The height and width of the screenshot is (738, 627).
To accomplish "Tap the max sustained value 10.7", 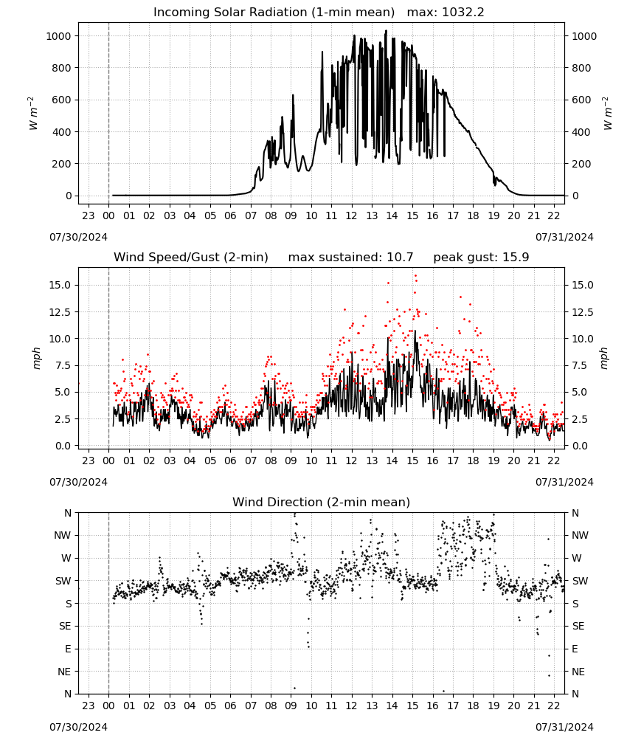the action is [x=400, y=258].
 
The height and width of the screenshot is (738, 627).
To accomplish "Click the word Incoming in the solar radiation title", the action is [x=181, y=13].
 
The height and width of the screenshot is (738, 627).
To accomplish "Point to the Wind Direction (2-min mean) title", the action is [x=322, y=502].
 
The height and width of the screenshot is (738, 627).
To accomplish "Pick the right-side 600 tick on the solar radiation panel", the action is [x=581, y=100].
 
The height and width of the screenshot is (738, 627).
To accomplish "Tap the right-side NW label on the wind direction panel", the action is [x=580, y=536].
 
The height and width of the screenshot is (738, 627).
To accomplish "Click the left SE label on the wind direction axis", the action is [x=65, y=627].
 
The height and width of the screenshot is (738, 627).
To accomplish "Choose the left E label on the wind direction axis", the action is [x=68, y=649].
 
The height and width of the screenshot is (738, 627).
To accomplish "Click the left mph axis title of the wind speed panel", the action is [x=36, y=358].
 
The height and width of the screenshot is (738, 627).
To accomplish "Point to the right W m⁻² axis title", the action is [x=606, y=114].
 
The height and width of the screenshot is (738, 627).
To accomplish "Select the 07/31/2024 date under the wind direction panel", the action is [x=564, y=727].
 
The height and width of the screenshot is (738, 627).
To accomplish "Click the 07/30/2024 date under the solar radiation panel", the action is [x=78, y=237].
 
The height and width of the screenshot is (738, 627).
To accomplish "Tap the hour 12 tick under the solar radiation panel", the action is [x=351, y=215].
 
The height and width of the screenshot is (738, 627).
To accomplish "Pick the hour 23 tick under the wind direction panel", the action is [x=89, y=706].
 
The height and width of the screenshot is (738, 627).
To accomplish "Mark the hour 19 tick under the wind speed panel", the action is [x=493, y=461].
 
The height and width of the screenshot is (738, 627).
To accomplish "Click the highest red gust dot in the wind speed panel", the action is [x=415, y=276].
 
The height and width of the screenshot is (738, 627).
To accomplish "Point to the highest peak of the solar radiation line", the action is [x=387, y=30].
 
